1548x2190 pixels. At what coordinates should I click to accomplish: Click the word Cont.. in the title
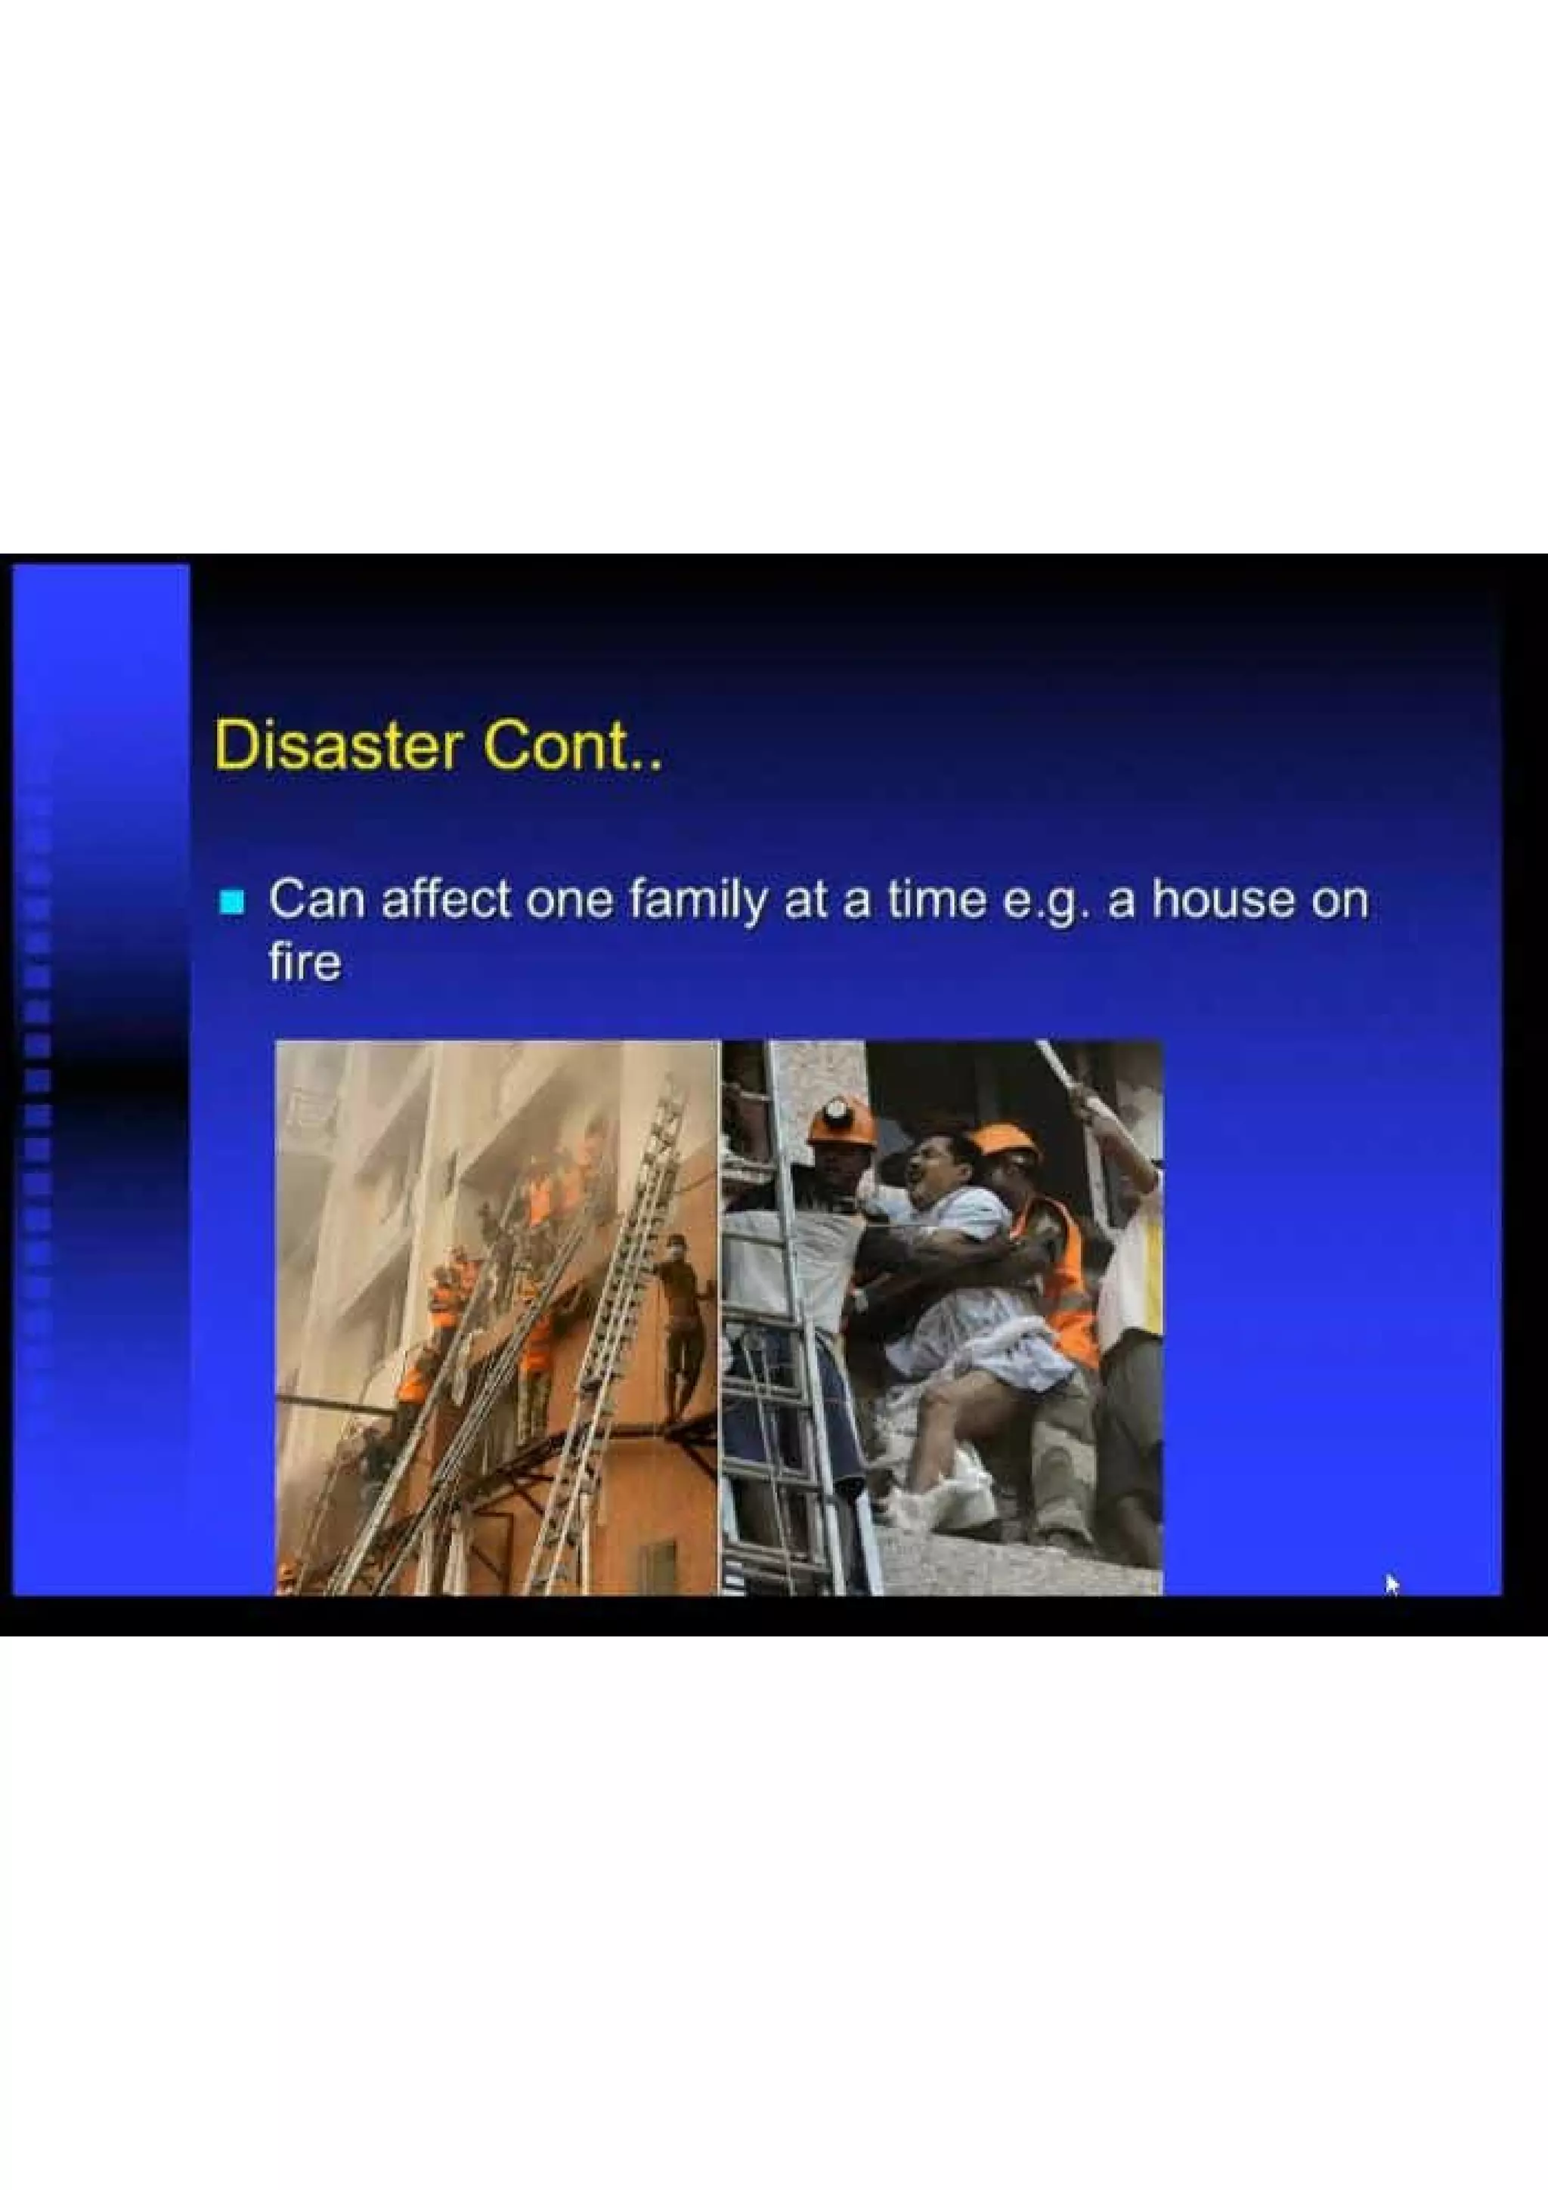(x=571, y=747)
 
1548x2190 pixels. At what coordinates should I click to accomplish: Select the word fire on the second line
(x=305, y=963)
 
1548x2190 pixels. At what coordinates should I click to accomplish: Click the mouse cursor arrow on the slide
(x=1392, y=1583)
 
